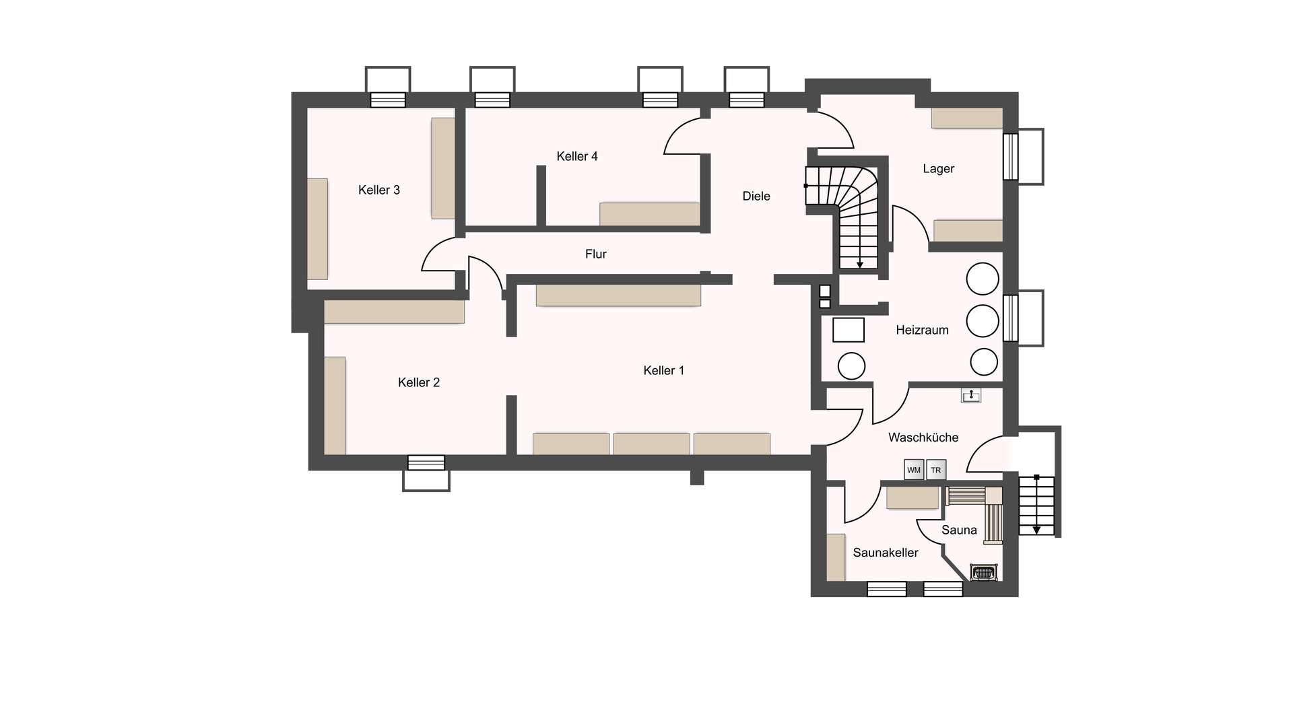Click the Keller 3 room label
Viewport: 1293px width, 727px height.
[379, 190]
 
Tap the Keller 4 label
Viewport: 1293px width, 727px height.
[577, 156]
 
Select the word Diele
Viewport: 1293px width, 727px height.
[756, 196]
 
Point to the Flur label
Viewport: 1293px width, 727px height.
[596, 254]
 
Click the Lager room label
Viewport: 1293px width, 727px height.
[939, 168]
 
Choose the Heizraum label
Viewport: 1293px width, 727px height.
[922, 330]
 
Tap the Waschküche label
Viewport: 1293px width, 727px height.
[923, 438]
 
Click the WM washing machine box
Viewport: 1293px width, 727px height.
[914, 470]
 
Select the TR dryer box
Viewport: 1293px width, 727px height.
[936, 470]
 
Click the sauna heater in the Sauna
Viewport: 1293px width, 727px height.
[983, 573]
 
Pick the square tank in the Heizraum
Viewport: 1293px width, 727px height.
[849, 330]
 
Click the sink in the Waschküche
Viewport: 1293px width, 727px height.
[971, 395]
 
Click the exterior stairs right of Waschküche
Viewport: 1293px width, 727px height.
[1036, 505]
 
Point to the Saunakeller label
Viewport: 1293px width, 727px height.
[886, 553]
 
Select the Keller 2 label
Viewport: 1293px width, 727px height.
[419, 382]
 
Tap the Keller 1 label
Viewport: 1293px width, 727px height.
[664, 370]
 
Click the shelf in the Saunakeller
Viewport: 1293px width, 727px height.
[836, 557]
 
